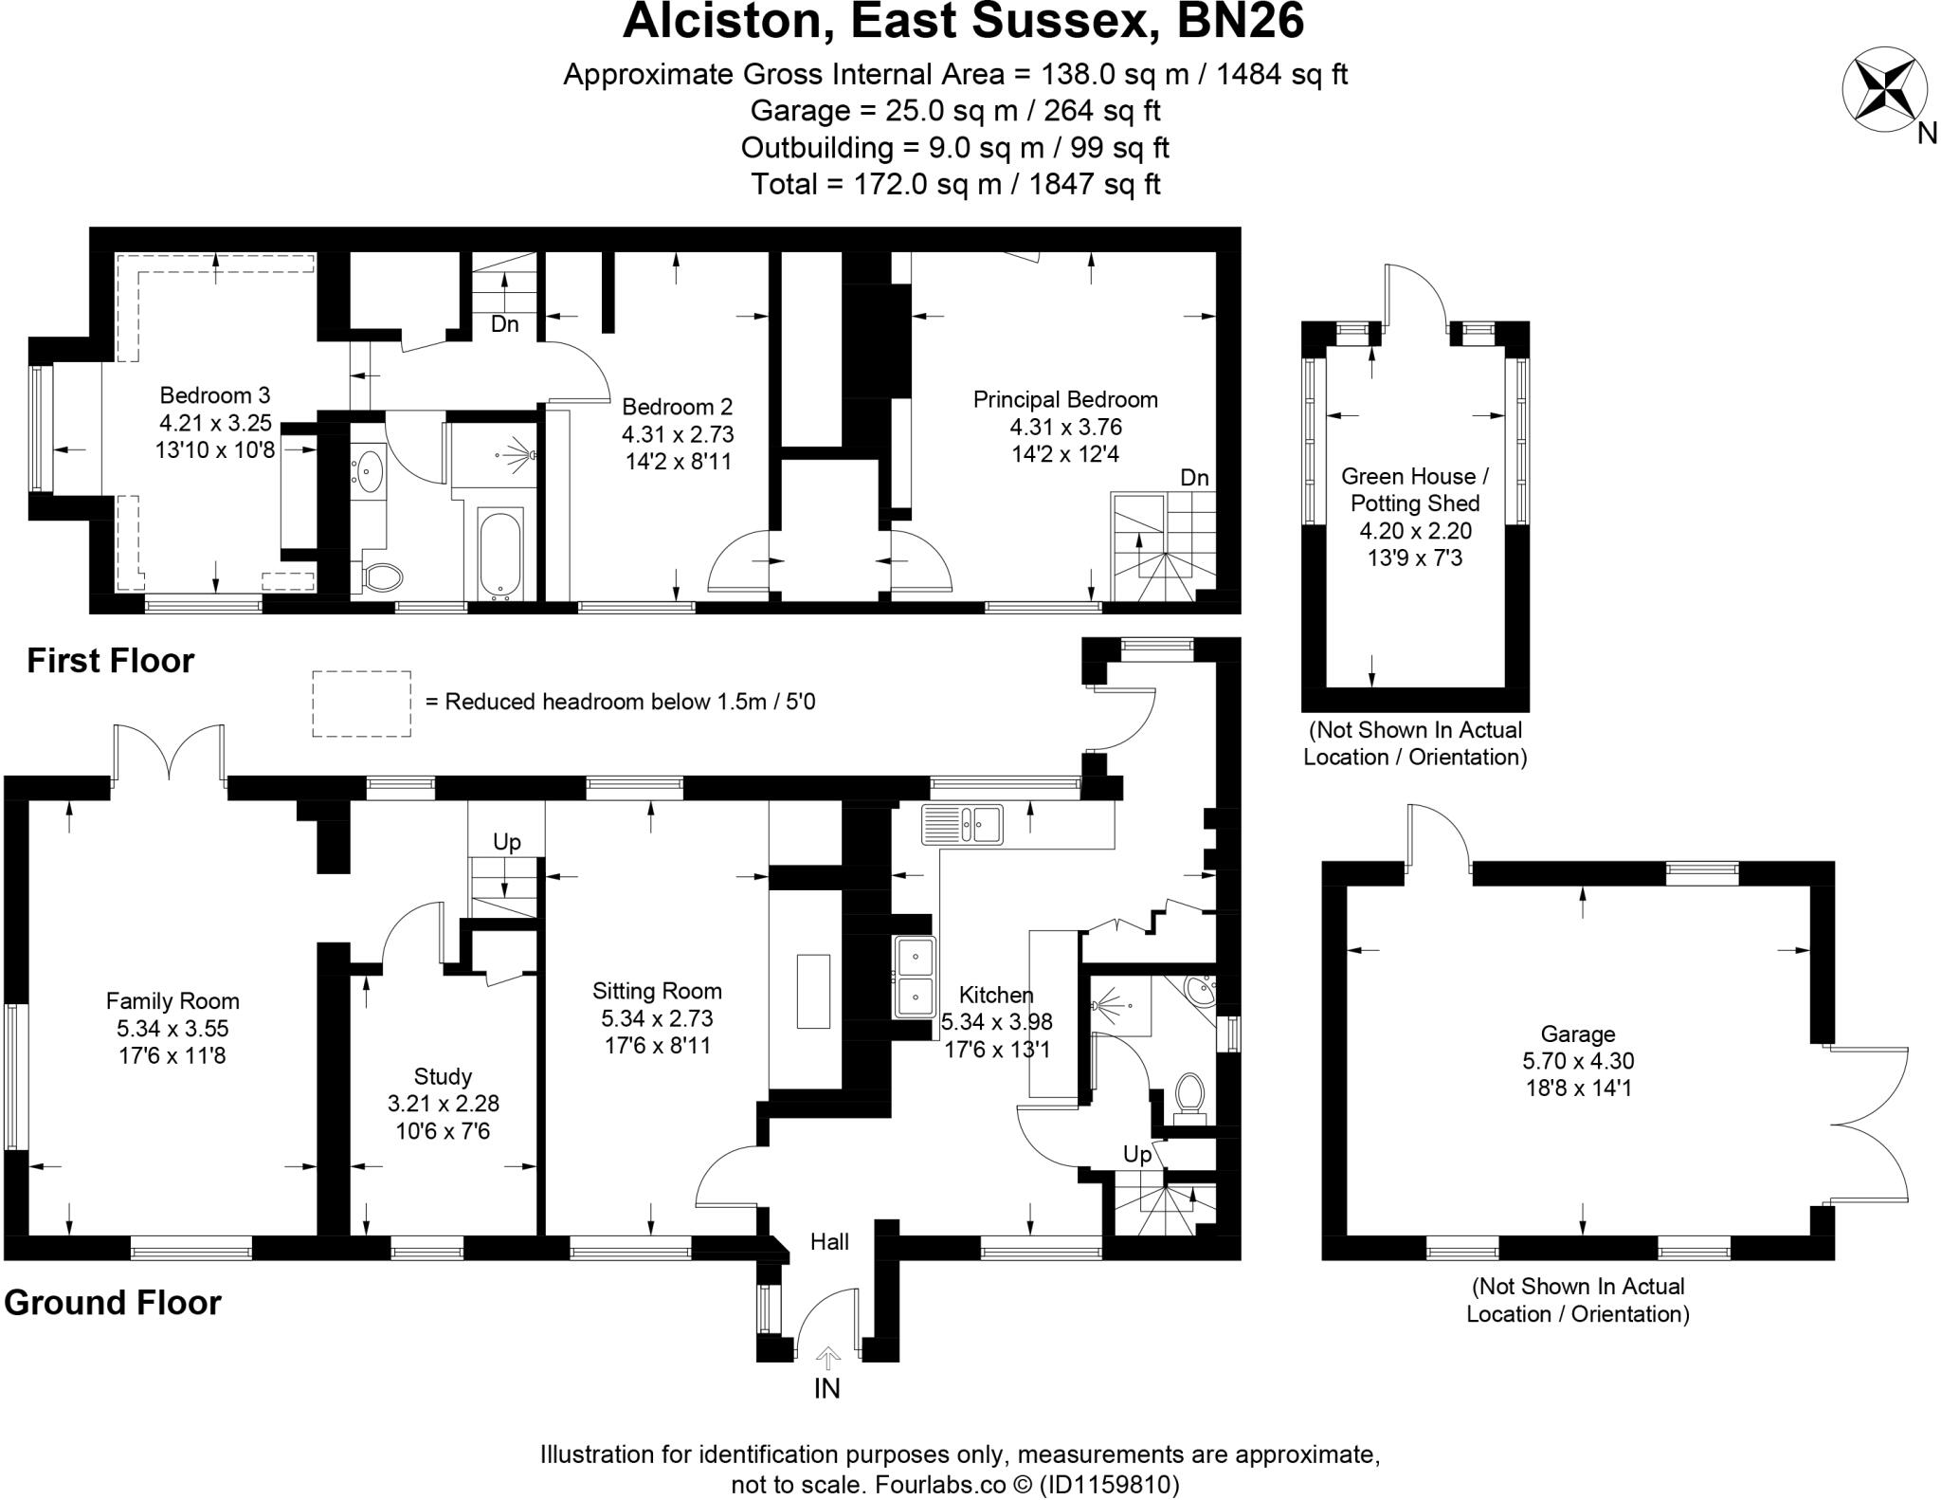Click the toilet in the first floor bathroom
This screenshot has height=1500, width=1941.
383,576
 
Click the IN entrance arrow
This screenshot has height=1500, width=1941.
827,1360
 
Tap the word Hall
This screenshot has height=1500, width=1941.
829,1241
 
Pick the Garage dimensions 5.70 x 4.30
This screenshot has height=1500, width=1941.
1578,1062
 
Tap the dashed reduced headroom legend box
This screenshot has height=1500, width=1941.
361,704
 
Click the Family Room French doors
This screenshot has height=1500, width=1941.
169,754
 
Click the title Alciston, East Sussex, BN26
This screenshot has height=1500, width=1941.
962,23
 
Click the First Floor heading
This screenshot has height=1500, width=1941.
110,660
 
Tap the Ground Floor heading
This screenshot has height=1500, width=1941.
112,1303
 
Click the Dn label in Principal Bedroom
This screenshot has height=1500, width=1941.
1194,478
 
